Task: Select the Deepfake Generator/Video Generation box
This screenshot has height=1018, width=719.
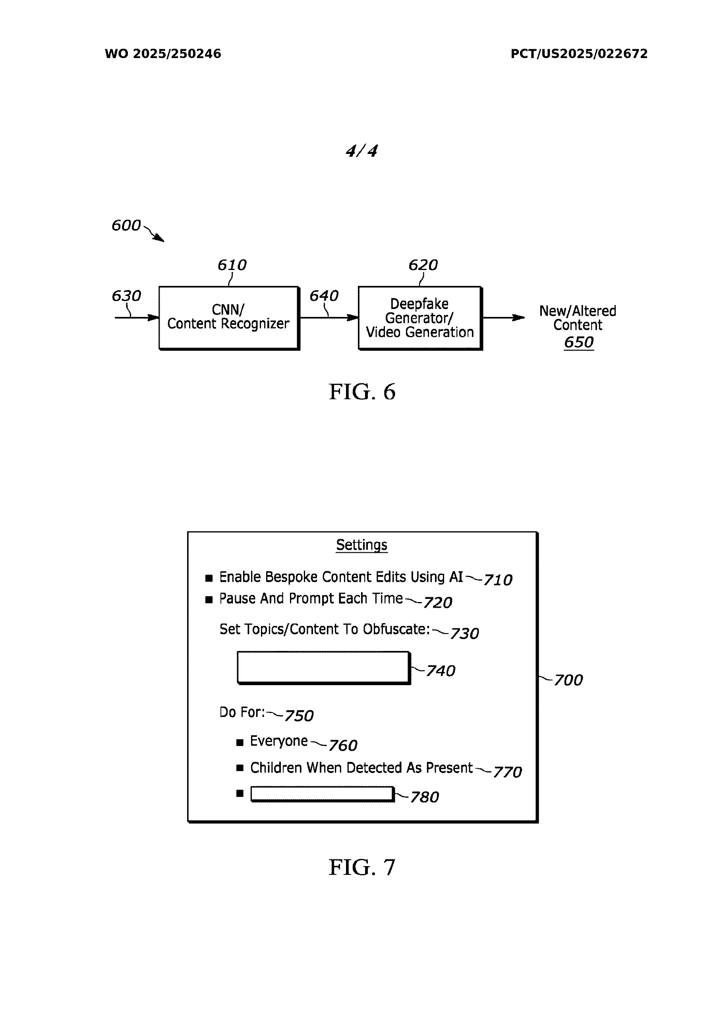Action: click(x=419, y=317)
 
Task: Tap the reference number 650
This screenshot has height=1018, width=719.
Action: click(x=578, y=342)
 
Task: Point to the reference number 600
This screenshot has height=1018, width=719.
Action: click(x=126, y=225)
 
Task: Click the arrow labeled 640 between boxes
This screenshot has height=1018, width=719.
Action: click(x=329, y=317)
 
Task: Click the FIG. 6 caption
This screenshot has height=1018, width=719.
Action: click(x=361, y=392)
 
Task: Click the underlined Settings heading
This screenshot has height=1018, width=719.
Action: click(x=361, y=544)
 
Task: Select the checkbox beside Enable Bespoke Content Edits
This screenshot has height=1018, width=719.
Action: click(x=209, y=578)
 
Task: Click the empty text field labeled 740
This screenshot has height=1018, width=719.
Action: click(x=323, y=667)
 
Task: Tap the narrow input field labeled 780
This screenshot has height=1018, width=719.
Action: click(x=322, y=794)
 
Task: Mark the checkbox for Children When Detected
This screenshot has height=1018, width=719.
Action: click(x=240, y=768)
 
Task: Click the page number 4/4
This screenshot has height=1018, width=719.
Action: click(x=361, y=151)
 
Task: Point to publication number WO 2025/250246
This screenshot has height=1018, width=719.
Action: click(x=162, y=54)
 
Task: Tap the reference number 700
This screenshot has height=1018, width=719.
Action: click(x=568, y=680)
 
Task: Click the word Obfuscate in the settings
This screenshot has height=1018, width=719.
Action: click(x=396, y=629)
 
